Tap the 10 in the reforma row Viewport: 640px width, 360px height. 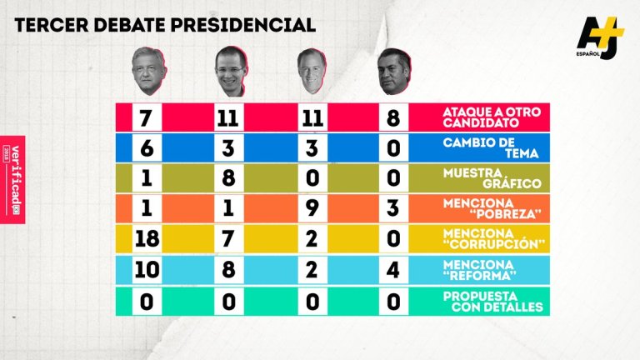click(x=147, y=270)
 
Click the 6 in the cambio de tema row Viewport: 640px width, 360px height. click(x=147, y=149)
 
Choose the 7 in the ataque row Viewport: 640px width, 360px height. click(x=147, y=118)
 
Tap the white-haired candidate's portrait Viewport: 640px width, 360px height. click(x=310, y=72)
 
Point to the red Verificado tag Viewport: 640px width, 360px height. click(x=12, y=178)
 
